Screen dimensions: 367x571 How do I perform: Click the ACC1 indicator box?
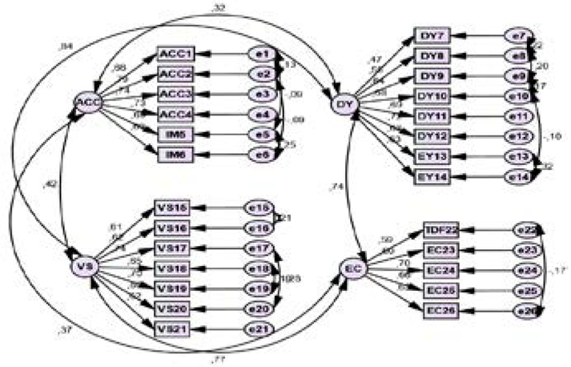click(x=176, y=54)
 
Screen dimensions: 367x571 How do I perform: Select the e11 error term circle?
click(x=516, y=116)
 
